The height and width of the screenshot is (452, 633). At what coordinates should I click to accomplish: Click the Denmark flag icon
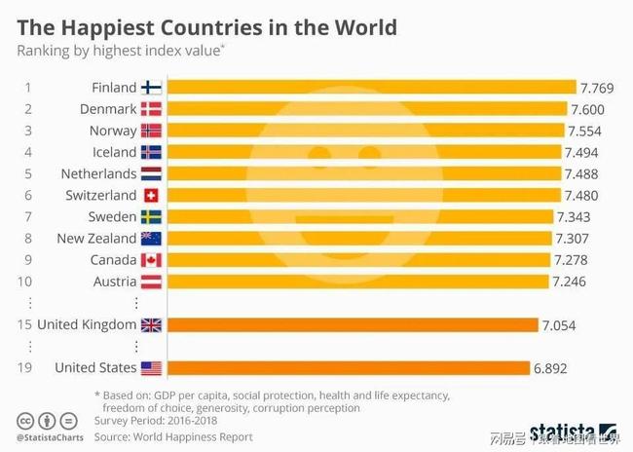tap(151, 109)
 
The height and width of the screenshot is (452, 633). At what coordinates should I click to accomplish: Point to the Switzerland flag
tap(151, 195)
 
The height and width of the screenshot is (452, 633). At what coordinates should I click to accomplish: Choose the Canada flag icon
tap(151, 260)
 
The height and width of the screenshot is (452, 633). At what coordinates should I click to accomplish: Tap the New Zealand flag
tap(151, 239)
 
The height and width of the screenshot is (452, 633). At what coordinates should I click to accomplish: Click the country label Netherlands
tap(98, 173)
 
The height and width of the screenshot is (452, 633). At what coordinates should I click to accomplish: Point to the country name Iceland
tap(114, 152)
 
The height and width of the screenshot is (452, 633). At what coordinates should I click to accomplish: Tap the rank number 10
tap(26, 282)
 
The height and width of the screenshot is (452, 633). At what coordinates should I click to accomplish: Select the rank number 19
tap(26, 368)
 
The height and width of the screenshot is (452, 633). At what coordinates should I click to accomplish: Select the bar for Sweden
tap(359, 216)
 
